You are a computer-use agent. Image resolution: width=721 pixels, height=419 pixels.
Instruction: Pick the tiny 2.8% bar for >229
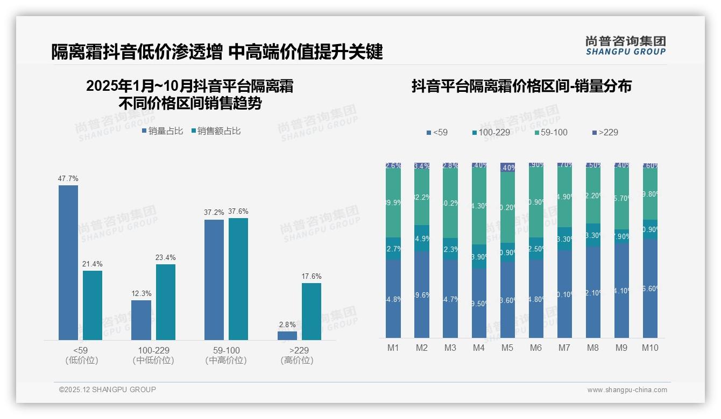click(x=287, y=336)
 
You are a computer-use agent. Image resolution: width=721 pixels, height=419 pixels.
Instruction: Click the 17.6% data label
click(x=311, y=276)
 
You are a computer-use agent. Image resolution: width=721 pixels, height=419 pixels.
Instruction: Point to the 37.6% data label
click(x=238, y=211)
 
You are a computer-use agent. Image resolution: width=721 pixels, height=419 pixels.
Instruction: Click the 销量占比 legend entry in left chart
click(x=162, y=131)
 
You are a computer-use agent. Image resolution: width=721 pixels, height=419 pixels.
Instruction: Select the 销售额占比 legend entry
click(x=216, y=131)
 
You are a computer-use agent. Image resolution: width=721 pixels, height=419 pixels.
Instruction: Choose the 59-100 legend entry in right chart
click(x=551, y=132)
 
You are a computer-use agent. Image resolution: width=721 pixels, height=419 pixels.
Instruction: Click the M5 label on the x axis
click(x=507, y=348)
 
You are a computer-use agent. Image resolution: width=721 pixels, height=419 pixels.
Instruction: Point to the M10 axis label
click(x=650, y=348)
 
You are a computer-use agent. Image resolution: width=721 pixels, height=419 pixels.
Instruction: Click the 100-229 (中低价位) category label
click(x=153, y=355)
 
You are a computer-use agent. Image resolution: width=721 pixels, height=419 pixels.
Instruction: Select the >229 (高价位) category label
click(x=297, y=355)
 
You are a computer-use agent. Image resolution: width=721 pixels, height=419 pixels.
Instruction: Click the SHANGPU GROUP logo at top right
click(x=625, y=46)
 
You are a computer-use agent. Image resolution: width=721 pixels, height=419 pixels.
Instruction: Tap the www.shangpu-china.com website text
click(x=627, y=390)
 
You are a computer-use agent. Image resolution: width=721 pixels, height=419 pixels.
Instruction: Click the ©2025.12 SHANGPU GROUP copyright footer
click(x=108, y=389)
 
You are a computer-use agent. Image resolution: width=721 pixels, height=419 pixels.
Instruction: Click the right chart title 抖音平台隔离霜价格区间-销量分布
click(x=521, y=86)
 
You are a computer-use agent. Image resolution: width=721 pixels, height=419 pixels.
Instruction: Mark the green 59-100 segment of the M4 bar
click(x=479, y=205)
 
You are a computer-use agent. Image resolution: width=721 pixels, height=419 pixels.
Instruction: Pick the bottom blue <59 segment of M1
click(x=393, y=299)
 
